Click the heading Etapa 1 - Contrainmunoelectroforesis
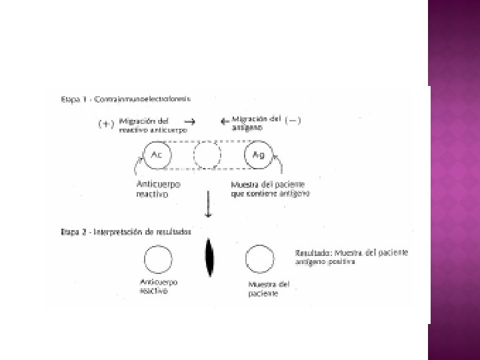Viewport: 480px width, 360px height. pos(125,99)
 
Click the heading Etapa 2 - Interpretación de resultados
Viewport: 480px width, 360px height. pos(125,232)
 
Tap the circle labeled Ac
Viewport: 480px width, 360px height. pos(157,156)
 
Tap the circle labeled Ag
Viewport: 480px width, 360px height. pos(258,156)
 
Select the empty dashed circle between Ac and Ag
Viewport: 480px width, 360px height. pos(207,156)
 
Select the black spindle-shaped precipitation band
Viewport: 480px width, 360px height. pos(209,258)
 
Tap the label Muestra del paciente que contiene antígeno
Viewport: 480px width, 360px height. pos(269,189)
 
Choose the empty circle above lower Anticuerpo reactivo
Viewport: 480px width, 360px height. pos(158,259)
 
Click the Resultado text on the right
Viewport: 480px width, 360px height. pos(351,257)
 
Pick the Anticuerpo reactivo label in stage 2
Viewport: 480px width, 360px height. pos(159,286)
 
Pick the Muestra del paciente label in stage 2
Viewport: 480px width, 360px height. pos(264,288)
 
